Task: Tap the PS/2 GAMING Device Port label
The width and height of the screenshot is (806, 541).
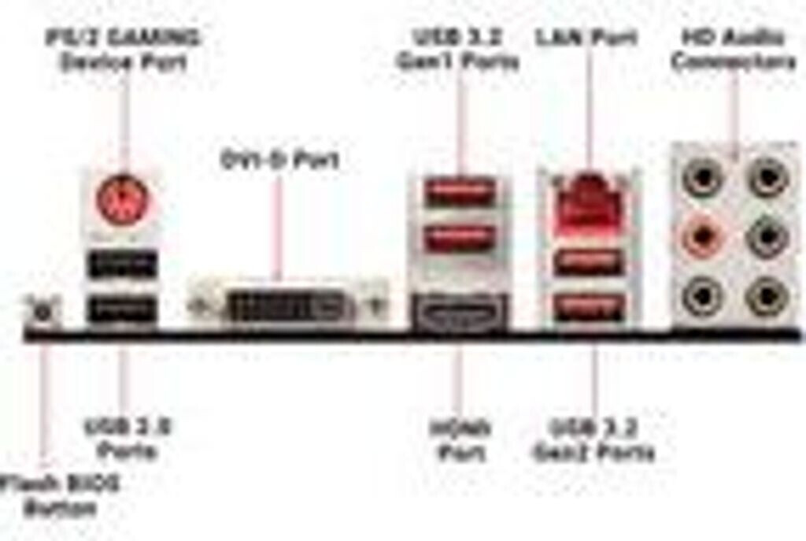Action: (124, 50)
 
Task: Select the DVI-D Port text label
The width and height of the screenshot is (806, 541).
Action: (279, 161)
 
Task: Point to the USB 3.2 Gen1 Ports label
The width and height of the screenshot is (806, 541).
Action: (458, 49)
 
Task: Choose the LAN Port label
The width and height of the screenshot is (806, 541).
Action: (586, 37)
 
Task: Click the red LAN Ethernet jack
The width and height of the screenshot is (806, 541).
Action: (589, 202)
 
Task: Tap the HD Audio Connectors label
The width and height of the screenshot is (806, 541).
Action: (734, 49)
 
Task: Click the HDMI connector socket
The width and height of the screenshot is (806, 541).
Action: (459, 313)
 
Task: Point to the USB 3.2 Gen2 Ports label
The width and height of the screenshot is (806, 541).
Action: (593, 441)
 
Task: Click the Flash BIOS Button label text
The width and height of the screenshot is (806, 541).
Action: (60, 495)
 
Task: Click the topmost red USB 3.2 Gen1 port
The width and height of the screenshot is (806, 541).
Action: (460, 192)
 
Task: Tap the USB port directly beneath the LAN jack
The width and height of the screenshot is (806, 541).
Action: (590, 261)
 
